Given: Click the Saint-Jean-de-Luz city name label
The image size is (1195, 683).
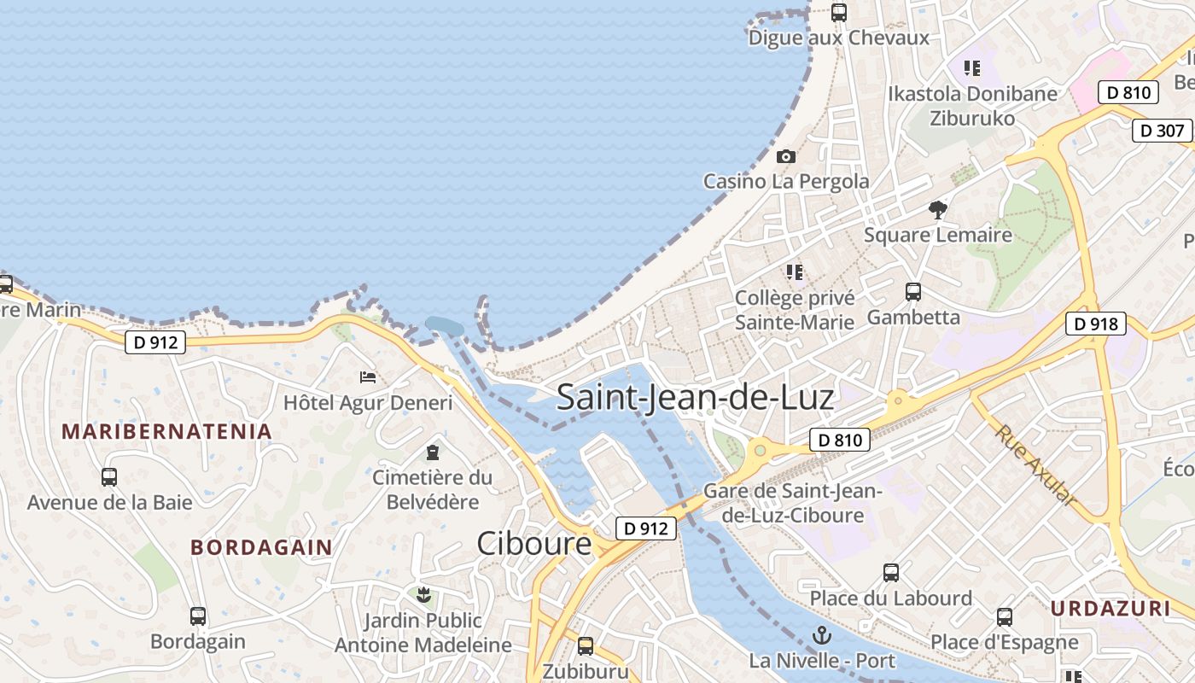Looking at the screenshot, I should pos(695,398).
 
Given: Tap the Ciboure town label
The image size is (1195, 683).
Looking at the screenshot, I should pos(533,543).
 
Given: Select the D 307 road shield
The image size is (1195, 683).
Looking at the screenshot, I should pos(1162,131).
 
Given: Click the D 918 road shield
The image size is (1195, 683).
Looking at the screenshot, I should pos(1095,324).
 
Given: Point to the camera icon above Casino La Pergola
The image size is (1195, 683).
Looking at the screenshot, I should pos(786,157).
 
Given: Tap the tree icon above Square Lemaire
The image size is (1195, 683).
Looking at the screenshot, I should pos(938,209).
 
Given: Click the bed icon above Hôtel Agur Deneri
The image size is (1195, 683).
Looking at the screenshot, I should pos(368,377).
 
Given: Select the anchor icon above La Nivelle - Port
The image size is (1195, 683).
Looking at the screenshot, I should pos(822,635).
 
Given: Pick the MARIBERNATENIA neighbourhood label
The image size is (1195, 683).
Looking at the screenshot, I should pos(166,431).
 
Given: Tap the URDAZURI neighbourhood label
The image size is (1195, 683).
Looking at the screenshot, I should pos(1110,609).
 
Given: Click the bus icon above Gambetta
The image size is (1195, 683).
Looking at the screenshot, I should pos(913,292).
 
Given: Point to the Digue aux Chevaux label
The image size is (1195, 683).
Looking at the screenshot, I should pos(838,38).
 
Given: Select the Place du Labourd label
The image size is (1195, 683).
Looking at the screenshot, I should pos(890,598).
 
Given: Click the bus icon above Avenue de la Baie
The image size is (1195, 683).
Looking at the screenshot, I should pos(109,477).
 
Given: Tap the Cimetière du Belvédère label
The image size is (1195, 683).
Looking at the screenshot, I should pos(433,489).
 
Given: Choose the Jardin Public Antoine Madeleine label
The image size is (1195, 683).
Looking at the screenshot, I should pos(423,633).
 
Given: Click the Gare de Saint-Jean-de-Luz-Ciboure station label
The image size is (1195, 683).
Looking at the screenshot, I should pos(792,504).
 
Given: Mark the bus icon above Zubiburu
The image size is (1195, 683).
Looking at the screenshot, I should pos(586,646).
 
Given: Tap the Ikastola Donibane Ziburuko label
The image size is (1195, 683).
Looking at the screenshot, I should pos(972,105).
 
